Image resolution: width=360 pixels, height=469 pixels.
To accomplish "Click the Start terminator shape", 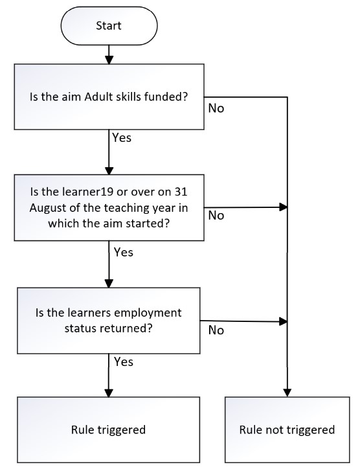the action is point(109,26).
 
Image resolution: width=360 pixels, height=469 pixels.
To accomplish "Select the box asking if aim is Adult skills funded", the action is point(109,97).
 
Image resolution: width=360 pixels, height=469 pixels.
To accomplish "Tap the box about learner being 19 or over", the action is point(109,207).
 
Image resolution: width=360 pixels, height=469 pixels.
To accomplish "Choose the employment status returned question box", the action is point(109,321).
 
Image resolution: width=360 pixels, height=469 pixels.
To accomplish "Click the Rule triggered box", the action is point(109,430).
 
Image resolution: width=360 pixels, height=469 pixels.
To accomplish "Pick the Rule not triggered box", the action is point(287,430).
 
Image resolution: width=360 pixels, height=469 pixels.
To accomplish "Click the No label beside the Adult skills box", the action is point(216,108).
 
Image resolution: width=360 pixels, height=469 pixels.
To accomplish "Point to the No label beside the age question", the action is point(216,215).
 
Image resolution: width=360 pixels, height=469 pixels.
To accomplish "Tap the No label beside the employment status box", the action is point(216,330).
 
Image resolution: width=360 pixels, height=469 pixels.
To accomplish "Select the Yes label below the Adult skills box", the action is point(122,137).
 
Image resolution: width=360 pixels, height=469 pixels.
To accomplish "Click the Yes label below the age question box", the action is point(124,252).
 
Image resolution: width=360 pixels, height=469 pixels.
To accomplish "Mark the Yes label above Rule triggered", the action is point(124,361).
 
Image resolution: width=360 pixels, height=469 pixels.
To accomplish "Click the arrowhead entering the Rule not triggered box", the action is point(287,393).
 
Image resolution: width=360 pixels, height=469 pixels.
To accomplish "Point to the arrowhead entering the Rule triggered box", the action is point(109,393).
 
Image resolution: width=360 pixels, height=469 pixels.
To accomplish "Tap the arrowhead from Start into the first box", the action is point(109,60).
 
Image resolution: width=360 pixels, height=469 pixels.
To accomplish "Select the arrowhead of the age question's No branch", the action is point(284,207).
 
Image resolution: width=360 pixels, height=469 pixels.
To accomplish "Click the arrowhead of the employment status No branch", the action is point(284,321).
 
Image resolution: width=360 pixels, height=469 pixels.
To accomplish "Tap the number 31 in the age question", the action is point(181,192).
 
